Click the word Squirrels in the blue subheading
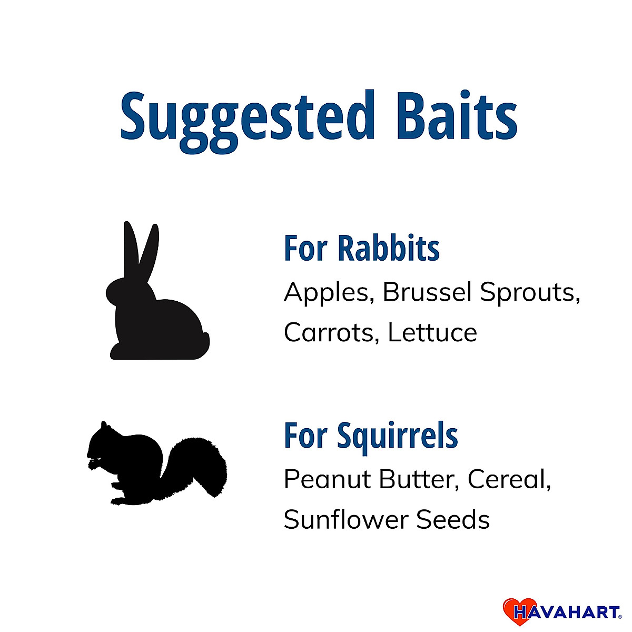pos(398,436)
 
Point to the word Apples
pos(329,293)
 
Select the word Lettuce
pos(432,332)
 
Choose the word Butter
pos(419,480)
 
